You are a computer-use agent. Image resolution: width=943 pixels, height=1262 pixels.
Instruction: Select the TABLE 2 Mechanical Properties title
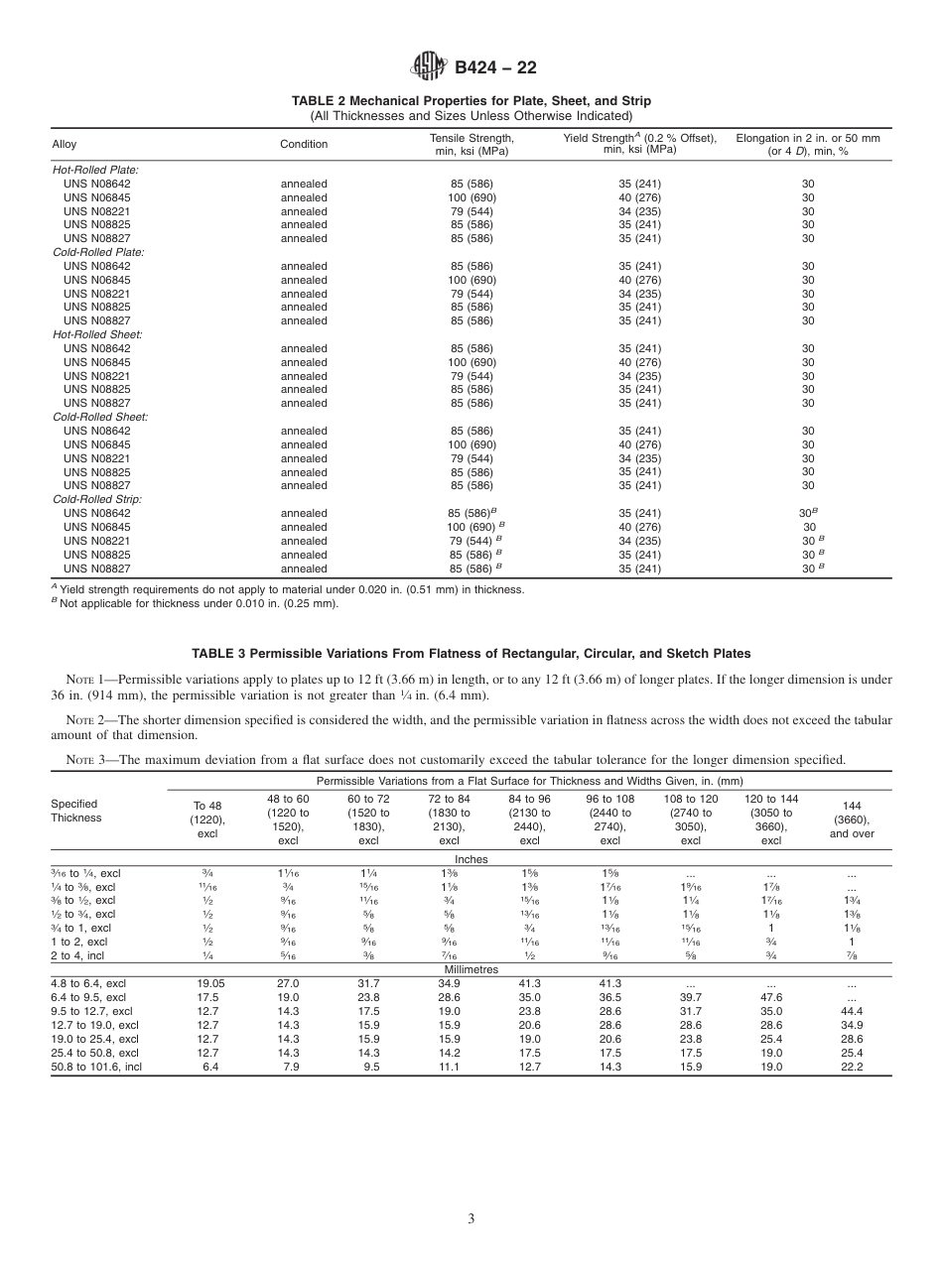(471, 101)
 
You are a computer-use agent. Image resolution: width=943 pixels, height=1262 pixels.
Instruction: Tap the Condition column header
(304, 144)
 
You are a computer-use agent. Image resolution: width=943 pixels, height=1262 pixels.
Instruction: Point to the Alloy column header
(64, 144)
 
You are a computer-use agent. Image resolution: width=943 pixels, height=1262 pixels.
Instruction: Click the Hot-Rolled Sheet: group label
(96, 334)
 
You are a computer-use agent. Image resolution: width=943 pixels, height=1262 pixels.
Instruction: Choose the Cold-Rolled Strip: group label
(96, 499)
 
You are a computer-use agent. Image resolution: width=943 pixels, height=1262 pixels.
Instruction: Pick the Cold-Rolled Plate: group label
(97, 252)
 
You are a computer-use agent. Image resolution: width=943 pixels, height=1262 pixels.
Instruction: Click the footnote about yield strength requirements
(288, 589)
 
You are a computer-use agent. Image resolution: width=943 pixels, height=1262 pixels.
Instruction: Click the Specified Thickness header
(74, 811)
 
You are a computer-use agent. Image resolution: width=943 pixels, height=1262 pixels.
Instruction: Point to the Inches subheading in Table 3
(471, 859)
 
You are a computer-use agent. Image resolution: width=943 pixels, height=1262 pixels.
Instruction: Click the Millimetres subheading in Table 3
(471, 969)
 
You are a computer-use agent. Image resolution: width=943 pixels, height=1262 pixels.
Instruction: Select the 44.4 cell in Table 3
(851, 1010)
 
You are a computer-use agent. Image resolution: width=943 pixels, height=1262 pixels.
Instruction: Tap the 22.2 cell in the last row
(851, 1066)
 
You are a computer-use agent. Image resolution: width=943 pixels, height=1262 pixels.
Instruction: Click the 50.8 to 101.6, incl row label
(96, 1066)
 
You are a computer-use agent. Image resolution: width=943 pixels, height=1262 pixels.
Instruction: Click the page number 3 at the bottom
(471, 1218)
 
